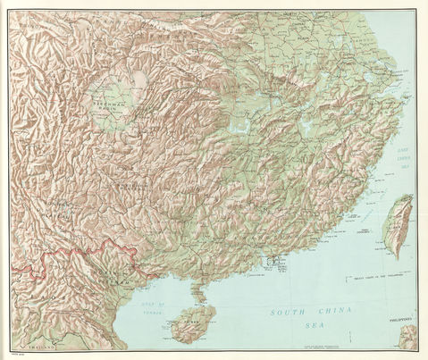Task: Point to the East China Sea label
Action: (x=404, y=159)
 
